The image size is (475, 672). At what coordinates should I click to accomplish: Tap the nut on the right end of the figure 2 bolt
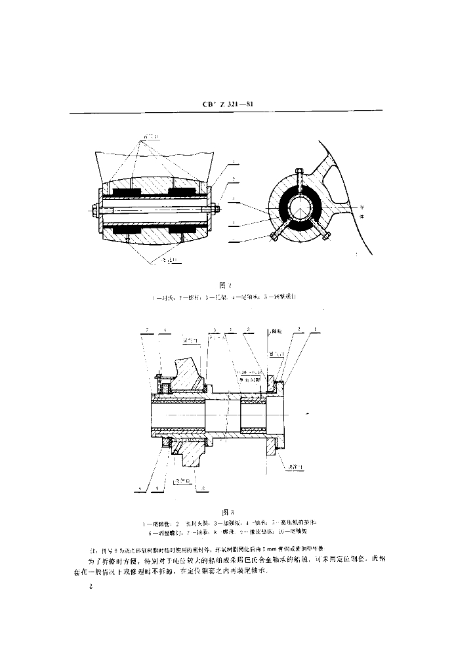(x=212, y=211)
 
